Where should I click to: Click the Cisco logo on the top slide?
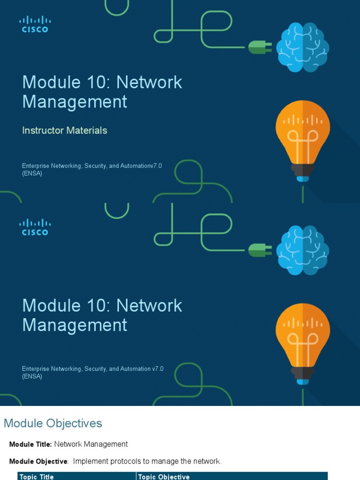click(35, 24)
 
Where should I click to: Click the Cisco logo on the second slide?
click(35, 227)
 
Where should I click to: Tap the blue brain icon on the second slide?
click(302, 250)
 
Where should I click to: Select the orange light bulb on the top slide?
click(302, 138)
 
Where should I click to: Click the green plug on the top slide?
click(260, 47)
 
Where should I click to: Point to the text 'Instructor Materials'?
click(65, 130)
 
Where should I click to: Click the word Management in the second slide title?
click(75, 325)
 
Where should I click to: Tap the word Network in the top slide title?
click(149, 82)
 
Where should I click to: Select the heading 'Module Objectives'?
click(53, 423)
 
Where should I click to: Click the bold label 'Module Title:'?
click(30, 444)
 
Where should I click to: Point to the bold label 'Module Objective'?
click(38, 462)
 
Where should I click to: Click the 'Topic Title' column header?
click(37, 477)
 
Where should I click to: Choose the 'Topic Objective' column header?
click(164, 477)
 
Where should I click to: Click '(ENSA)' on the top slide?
click(32, 173)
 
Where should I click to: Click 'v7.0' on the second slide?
click(157, 369)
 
